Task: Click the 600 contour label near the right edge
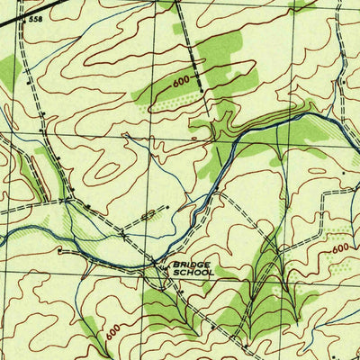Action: pyautogui.click(x=339, y=248)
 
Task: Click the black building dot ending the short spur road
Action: pyautogui.click(x=168, y=206)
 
